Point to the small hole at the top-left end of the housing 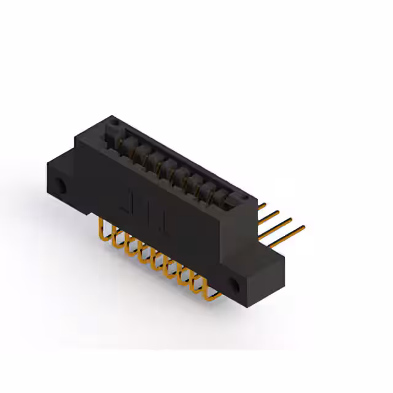[114, 123]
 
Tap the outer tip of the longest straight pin [303, 228]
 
